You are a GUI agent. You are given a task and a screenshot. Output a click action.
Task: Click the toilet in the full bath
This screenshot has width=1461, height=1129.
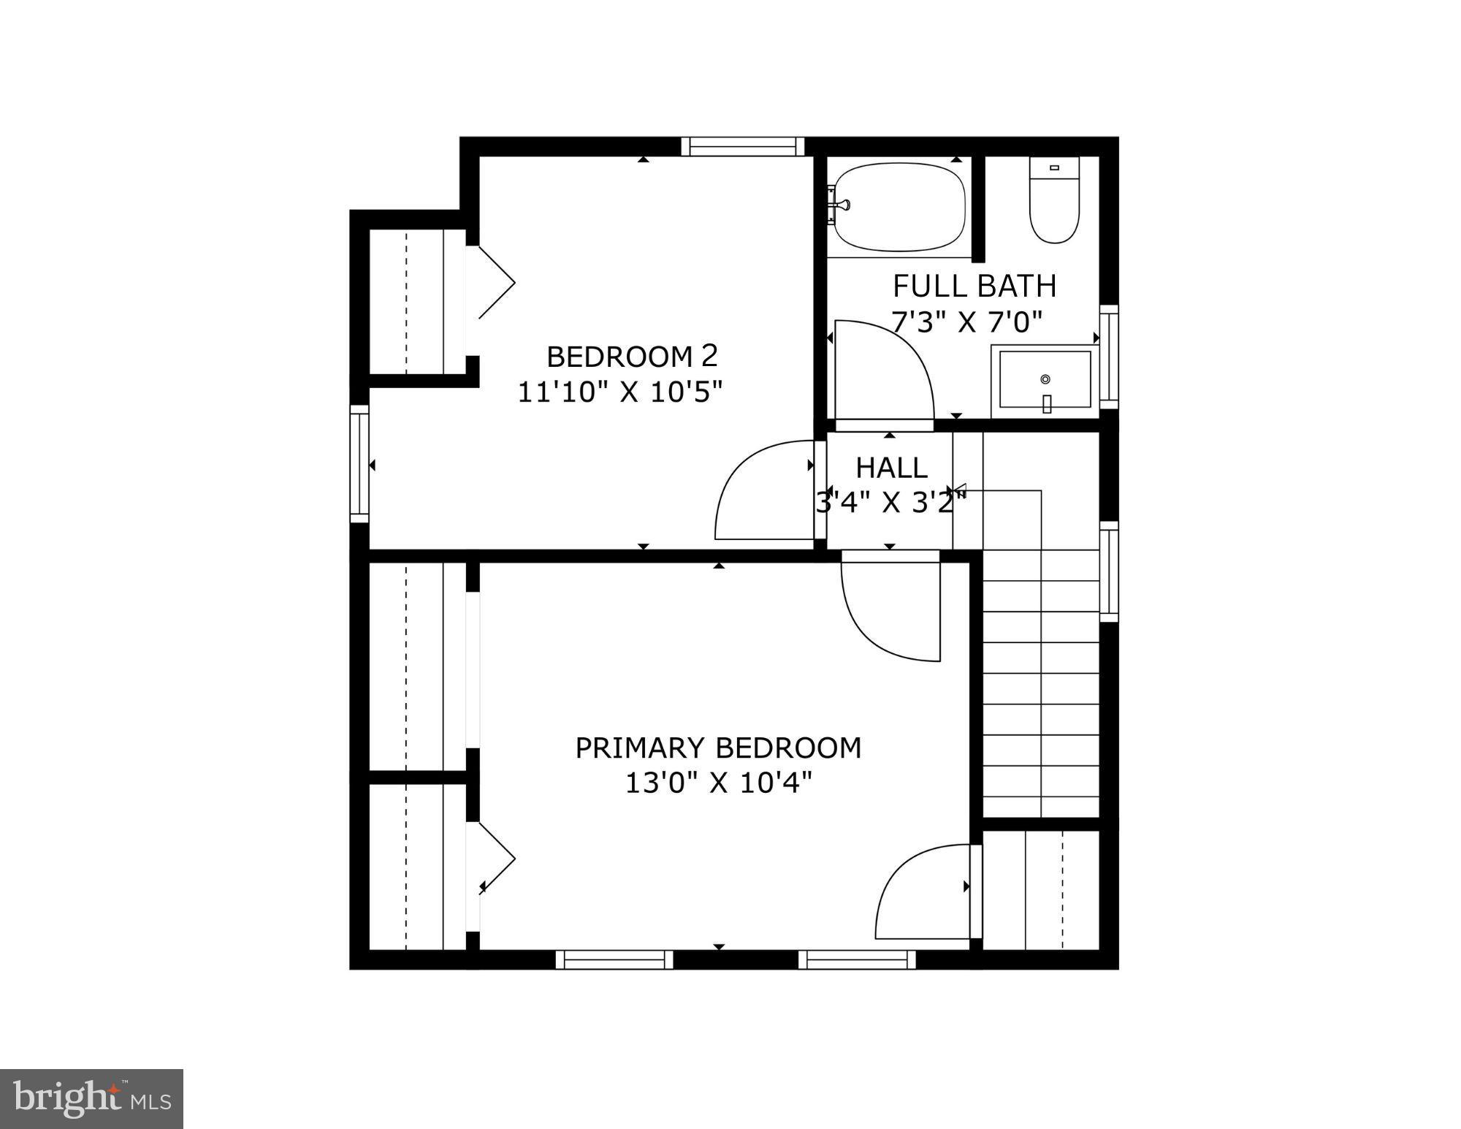tap(1054, 200)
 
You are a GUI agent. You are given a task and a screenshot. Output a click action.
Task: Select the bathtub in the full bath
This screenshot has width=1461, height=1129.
tap(900, 207)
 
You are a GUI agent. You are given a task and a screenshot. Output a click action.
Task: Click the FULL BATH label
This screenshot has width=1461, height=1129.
tap(974, 286)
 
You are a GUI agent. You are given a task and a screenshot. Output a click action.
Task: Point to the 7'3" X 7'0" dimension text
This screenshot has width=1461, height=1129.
tap(966, 322)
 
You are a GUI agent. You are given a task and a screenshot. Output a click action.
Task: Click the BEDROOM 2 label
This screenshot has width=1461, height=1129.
tap(632, 357)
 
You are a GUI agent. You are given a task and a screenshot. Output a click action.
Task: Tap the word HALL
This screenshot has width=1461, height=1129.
tap(891, 468)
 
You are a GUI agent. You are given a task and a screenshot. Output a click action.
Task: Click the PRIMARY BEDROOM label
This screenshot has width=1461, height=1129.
tap(718, 748)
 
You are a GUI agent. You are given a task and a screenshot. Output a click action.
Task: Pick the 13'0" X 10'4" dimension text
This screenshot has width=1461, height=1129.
tap(718, 783)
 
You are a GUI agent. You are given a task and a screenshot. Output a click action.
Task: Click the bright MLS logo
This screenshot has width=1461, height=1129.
tap(91, 1098)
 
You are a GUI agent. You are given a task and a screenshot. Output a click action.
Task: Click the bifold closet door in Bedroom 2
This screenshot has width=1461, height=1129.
tap(497, 283)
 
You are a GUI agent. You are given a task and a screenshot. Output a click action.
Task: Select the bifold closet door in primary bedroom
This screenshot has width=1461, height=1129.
tap(497, 859)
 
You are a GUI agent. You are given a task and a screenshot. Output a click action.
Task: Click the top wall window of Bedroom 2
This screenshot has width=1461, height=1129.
tap(742, 146)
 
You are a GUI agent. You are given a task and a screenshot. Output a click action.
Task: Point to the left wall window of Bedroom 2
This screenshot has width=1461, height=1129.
tap(359, 464)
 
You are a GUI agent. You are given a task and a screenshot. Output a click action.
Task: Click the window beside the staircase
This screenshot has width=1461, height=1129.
tap(1108, 571)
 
